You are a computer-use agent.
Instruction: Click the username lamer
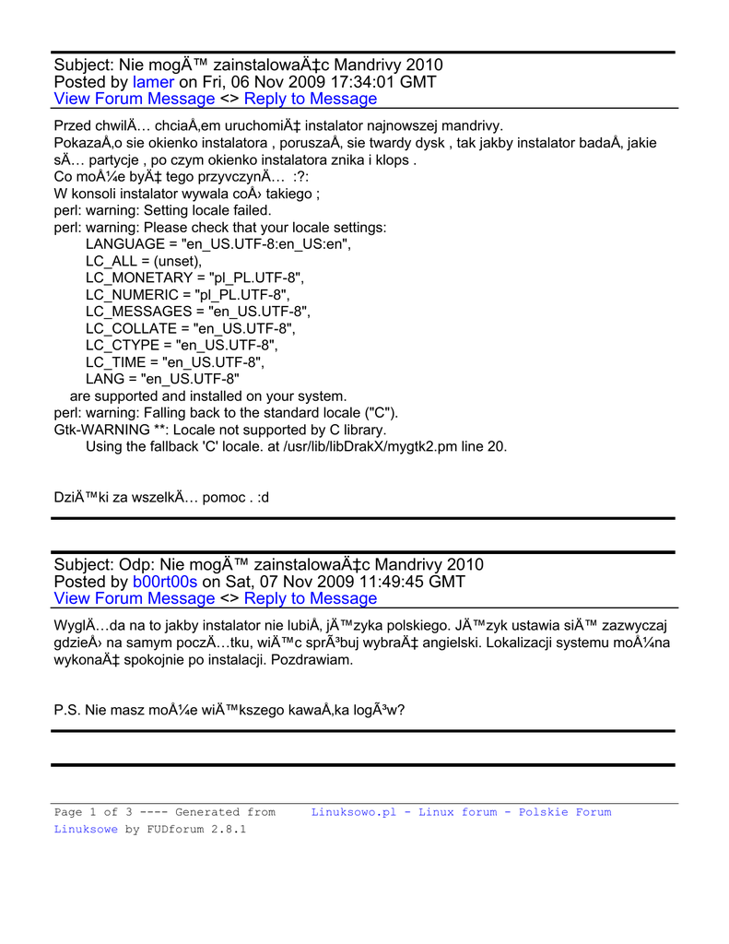click(153, 82)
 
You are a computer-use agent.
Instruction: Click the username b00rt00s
click(165, 582)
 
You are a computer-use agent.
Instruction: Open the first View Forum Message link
click(135, 99)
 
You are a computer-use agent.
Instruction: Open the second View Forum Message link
click(135, 598)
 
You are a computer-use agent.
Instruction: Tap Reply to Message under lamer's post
click(311, 99)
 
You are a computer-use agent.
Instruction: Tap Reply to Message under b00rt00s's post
click(311, 598)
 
